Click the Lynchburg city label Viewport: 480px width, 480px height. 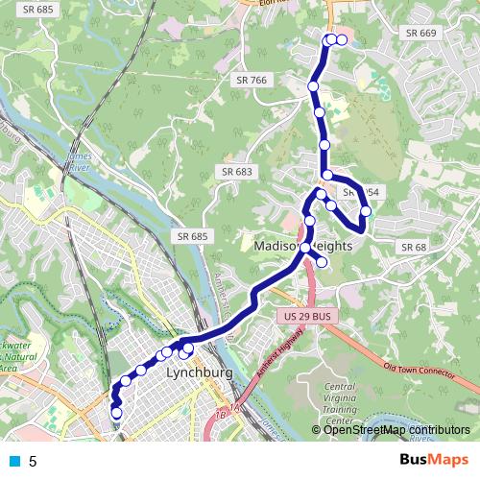[195, 372]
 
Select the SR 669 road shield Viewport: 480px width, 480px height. [420, 33]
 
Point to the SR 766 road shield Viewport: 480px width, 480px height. [251, 80]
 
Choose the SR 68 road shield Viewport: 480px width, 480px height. [413, 247]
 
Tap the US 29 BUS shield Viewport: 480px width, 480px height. [305, 316]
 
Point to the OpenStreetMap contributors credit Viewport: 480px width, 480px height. [396, 430]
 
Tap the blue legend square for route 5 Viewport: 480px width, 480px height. [13, 461]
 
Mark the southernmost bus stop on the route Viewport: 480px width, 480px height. [117, 414]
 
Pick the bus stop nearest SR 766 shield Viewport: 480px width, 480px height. [313, 87]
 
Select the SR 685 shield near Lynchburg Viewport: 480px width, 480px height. [192, 235]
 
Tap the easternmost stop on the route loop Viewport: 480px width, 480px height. [366, 210]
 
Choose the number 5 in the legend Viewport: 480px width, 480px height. [33, 462]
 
